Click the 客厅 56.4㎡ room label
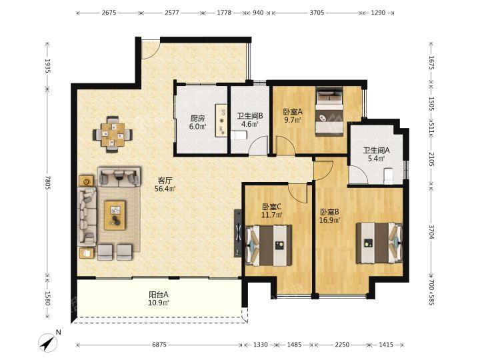click(x=165, y=185)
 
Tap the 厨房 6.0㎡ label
click(x=197, y=122)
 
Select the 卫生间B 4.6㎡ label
click(x=250, y=120)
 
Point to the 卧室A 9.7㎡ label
click(x=293, y=115)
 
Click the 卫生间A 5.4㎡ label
click(x=376, y=154)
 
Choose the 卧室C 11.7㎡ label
click(x=272, y=211)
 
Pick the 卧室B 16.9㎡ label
click(x=330, y=216)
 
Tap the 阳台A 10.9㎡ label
click(x=159, y=299)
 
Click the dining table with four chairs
click(x=113, y=134)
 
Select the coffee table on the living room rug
click(x=115, y=215)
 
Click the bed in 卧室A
click(x=329, y=112)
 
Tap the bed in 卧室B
click(x=379, y=243)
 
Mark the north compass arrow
click(x=49, y=341)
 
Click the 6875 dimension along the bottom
click(x=159, y=345)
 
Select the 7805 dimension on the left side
click(x=47, y=183)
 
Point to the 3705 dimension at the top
click(x=317, y=13)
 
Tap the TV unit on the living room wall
click(x=238, y=233)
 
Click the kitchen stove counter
click(x=221, y=120)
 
